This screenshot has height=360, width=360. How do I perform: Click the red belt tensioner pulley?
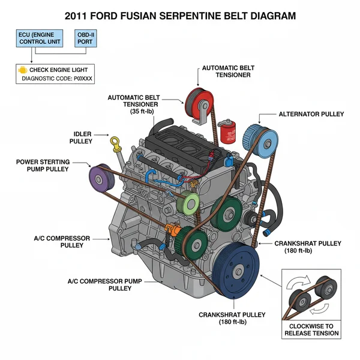pos(196,98)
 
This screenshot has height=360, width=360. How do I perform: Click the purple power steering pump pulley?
pos(99,177)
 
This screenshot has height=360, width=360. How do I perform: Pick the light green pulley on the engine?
pos(191,203)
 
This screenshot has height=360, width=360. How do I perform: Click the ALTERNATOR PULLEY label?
pos(311,113)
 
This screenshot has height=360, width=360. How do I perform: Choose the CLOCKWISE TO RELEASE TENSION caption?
pos(311,329)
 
